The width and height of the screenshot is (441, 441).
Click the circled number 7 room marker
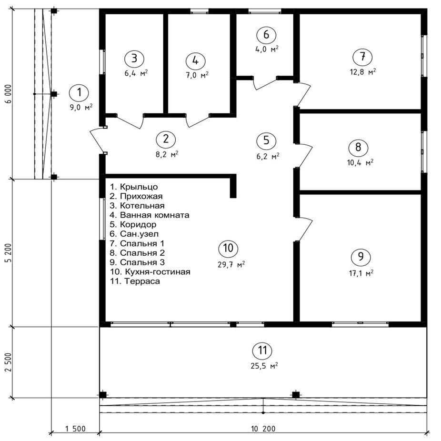pyautogui.click(x=362, y=57)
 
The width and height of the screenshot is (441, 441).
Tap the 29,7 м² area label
pyautogui.click(x=231, y=264)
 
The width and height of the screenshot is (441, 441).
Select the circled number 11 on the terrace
pyautogui.click(x=262, y=351)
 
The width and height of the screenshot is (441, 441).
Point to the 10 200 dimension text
pyautogui.click(x=263, y=429)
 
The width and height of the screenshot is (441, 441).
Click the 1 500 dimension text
pyautogui.click(x=75, y=429)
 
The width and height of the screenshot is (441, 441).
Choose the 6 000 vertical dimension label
pyautogui.click(x=9, y=94)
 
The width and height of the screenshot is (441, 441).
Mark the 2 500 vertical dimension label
pyautogui.click(x=9, y=362)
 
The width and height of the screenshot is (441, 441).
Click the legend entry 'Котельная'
pyautogui.click(x=137, y=206)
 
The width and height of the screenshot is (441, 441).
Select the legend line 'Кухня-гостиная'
pyautogui.click(x=150, y=271)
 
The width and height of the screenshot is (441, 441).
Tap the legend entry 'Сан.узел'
pyautogui.click(x=134, y=234)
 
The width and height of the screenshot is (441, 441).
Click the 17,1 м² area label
pyautogui.click(x=361, y=273)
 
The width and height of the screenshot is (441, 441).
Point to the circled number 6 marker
pyautogui.click(x=266, y=34)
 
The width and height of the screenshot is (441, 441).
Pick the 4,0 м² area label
pyautogui.click(x=267, y=49)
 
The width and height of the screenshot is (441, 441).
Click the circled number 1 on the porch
pyautogui.click(x=80, y=92)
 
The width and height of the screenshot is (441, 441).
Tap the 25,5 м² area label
pyautogui.click(x=264, y=366)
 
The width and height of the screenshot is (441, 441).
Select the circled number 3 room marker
pyautogui.click(x=134, y=59)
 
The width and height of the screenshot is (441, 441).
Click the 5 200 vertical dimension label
pyautogui.click(x=9, y=253)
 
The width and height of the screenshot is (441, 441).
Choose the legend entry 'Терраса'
pyautogui.click(x=135, y=281)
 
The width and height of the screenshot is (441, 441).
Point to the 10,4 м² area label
pyautogui.click(x=361, y=162)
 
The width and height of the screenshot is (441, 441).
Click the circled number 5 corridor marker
pyautogui.click(x=266, y=140)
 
